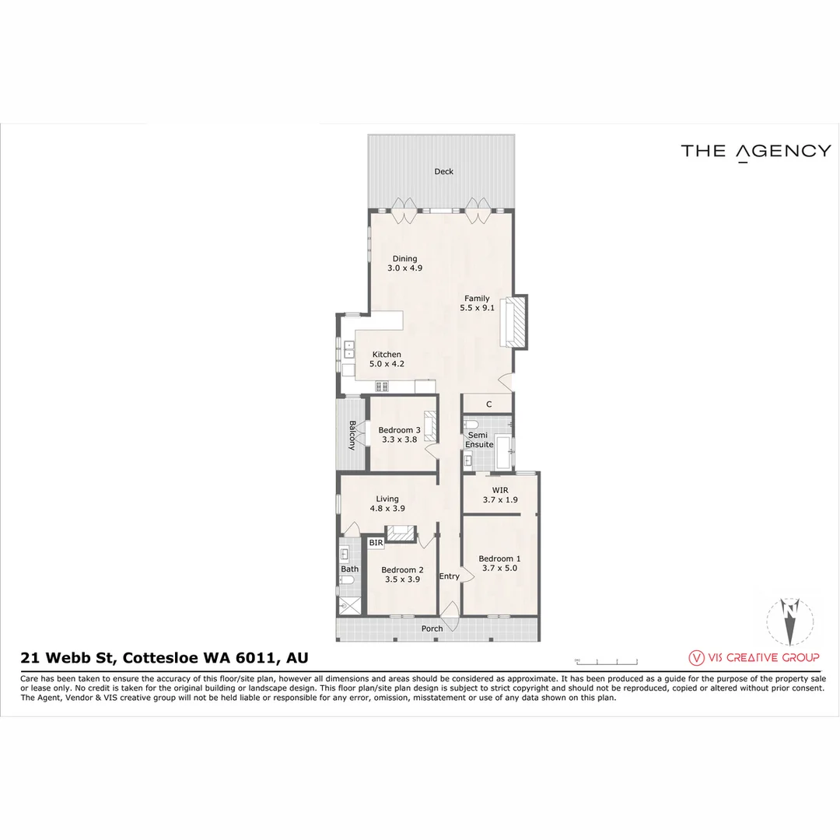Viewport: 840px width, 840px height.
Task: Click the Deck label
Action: coord(443,172)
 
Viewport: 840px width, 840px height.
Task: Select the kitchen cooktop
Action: coord(382,386)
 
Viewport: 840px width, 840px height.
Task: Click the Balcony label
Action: coord(352,435)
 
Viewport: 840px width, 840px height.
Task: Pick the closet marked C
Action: coord(488,404)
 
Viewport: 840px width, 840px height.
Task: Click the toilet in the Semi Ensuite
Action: coord(471,424)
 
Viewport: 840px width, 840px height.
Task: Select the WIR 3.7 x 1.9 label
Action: coord(499,495)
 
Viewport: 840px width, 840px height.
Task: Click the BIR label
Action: coord(376,542)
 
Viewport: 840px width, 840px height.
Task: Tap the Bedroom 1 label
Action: coord(499,563)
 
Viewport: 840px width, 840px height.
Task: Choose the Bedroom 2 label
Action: coord(401,574)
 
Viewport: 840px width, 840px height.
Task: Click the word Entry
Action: coord(449,576)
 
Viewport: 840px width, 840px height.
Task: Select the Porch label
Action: coord(432,628)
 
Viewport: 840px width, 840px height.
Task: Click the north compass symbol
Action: coord(791,621)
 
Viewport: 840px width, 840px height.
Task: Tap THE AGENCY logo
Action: coord(755,152)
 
